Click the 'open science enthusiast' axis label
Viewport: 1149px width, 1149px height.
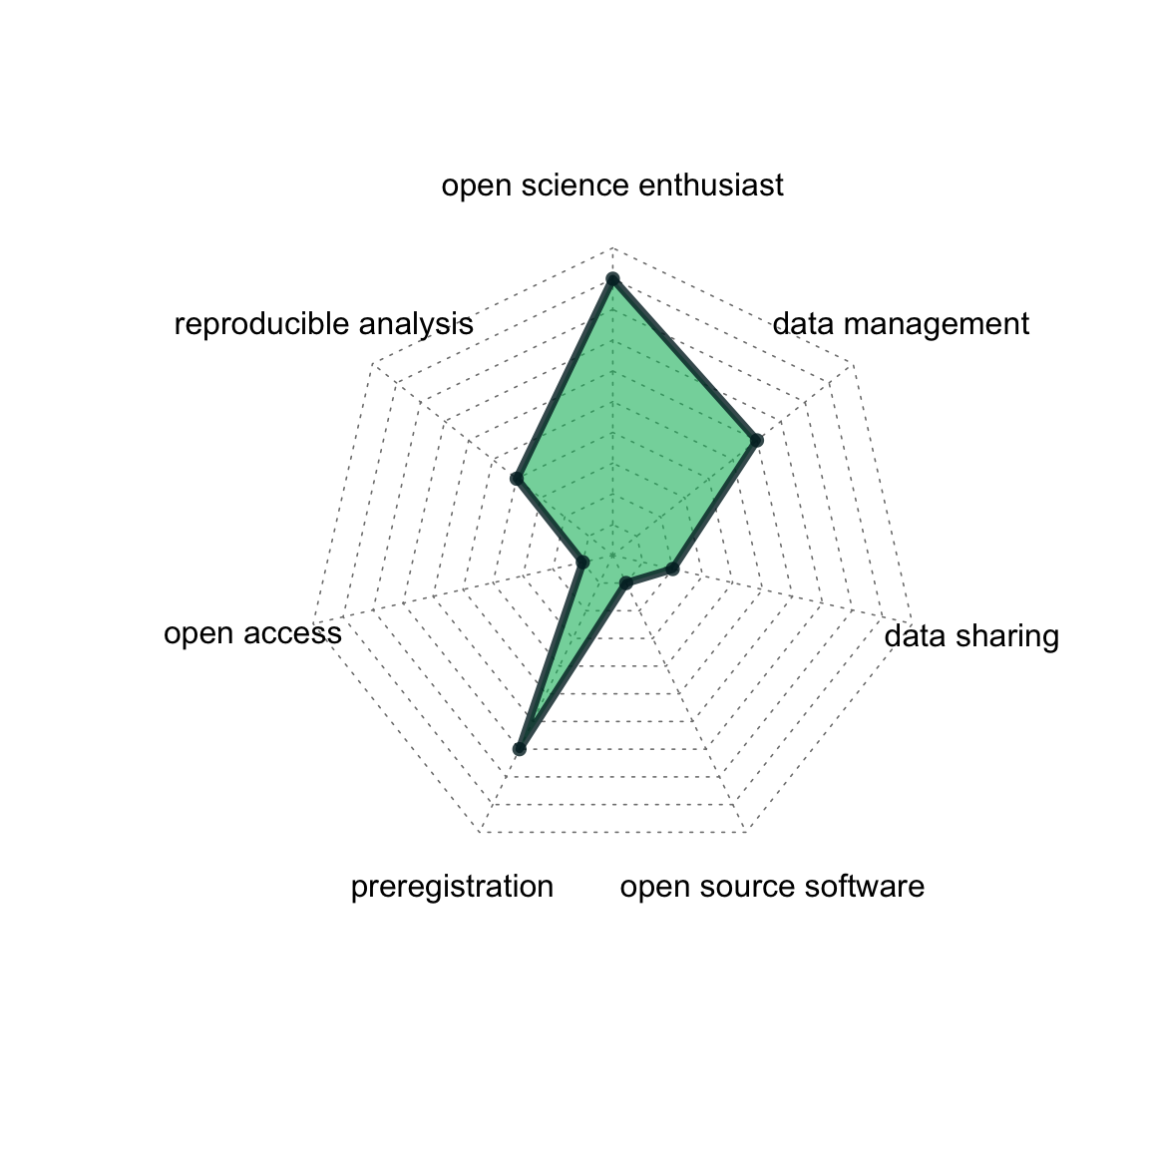point(612,186)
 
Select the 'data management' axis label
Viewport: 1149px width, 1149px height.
point(901,324)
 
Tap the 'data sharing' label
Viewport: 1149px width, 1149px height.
point(971,635)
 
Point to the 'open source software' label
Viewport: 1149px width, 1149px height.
point(771,887)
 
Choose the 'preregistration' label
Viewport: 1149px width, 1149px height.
point(452,887)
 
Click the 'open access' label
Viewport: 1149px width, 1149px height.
point(252,633)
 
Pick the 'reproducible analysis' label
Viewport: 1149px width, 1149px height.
point(323,324)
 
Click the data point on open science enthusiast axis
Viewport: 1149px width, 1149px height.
point(612,278)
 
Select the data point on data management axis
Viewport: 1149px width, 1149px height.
point(757,440)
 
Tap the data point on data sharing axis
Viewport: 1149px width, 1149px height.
point(672,569)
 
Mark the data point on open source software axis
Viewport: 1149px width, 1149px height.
point(625,582)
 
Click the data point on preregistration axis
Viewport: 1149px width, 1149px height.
point(519,748)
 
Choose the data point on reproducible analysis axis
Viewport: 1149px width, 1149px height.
point(517,480)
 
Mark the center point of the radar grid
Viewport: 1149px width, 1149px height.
point(612,556)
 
